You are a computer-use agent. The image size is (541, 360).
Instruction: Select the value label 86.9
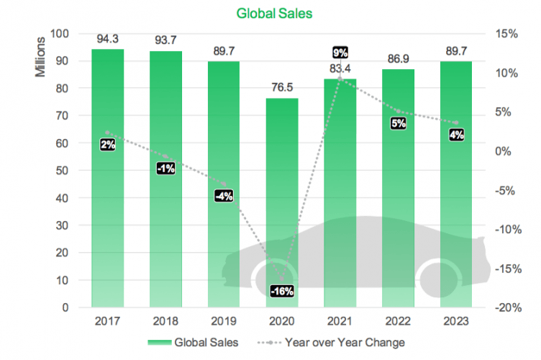click(x=397, y=59)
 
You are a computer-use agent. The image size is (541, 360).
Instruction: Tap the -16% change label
click(x=281, y=292)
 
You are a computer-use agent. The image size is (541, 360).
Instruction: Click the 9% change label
click(x=340, y=53)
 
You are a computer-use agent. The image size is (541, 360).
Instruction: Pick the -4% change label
click(x=224, y=196)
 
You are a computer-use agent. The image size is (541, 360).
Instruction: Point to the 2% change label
click(x=108, y=145)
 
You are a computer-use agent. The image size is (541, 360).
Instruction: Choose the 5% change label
click(x=399, y=123)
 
